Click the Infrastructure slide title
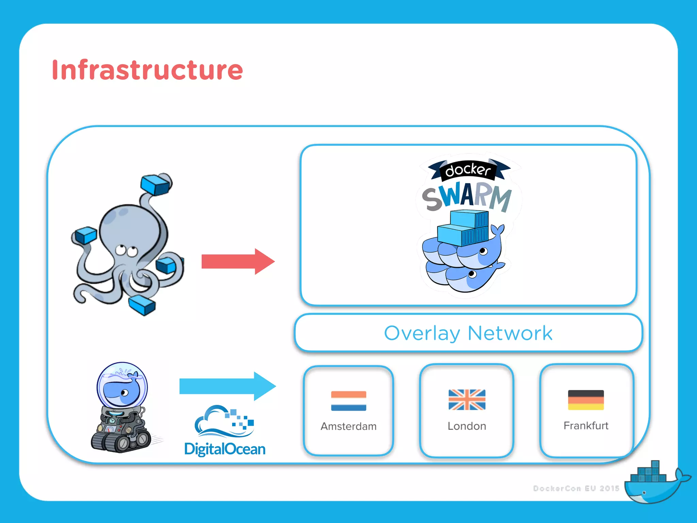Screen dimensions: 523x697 point(147,70)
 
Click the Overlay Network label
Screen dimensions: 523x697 point(468,333)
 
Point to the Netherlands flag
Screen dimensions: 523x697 point(348,401)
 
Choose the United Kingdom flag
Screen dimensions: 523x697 point(467,400)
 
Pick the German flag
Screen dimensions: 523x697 point(586,400)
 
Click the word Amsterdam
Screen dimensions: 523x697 point(348,426)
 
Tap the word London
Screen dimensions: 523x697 point(467,426)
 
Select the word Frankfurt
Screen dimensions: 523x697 point(586,426)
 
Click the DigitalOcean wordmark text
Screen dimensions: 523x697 point(225,449)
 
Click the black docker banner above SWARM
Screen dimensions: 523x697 point(468,170)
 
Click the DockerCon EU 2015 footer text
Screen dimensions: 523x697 point(576,488)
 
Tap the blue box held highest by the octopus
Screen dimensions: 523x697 point(155,185)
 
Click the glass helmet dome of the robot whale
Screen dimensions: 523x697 point(122,385)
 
